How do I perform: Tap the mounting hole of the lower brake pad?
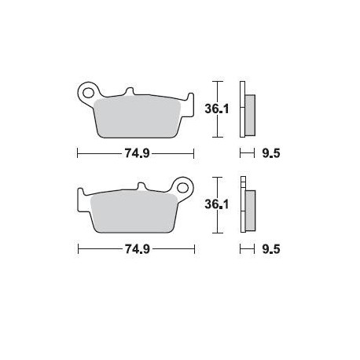click(x=186, y=189)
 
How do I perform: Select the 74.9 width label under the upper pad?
click(x=136, y=154)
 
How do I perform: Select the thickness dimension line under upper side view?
click(x=246, y=154)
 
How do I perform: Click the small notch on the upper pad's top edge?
click(x=127, y=94)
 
